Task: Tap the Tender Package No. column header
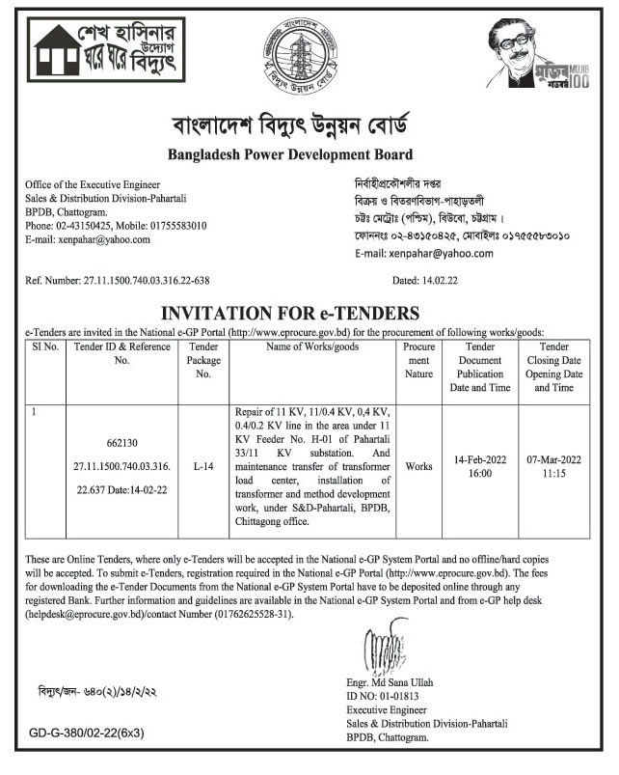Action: tap(202, 360)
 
